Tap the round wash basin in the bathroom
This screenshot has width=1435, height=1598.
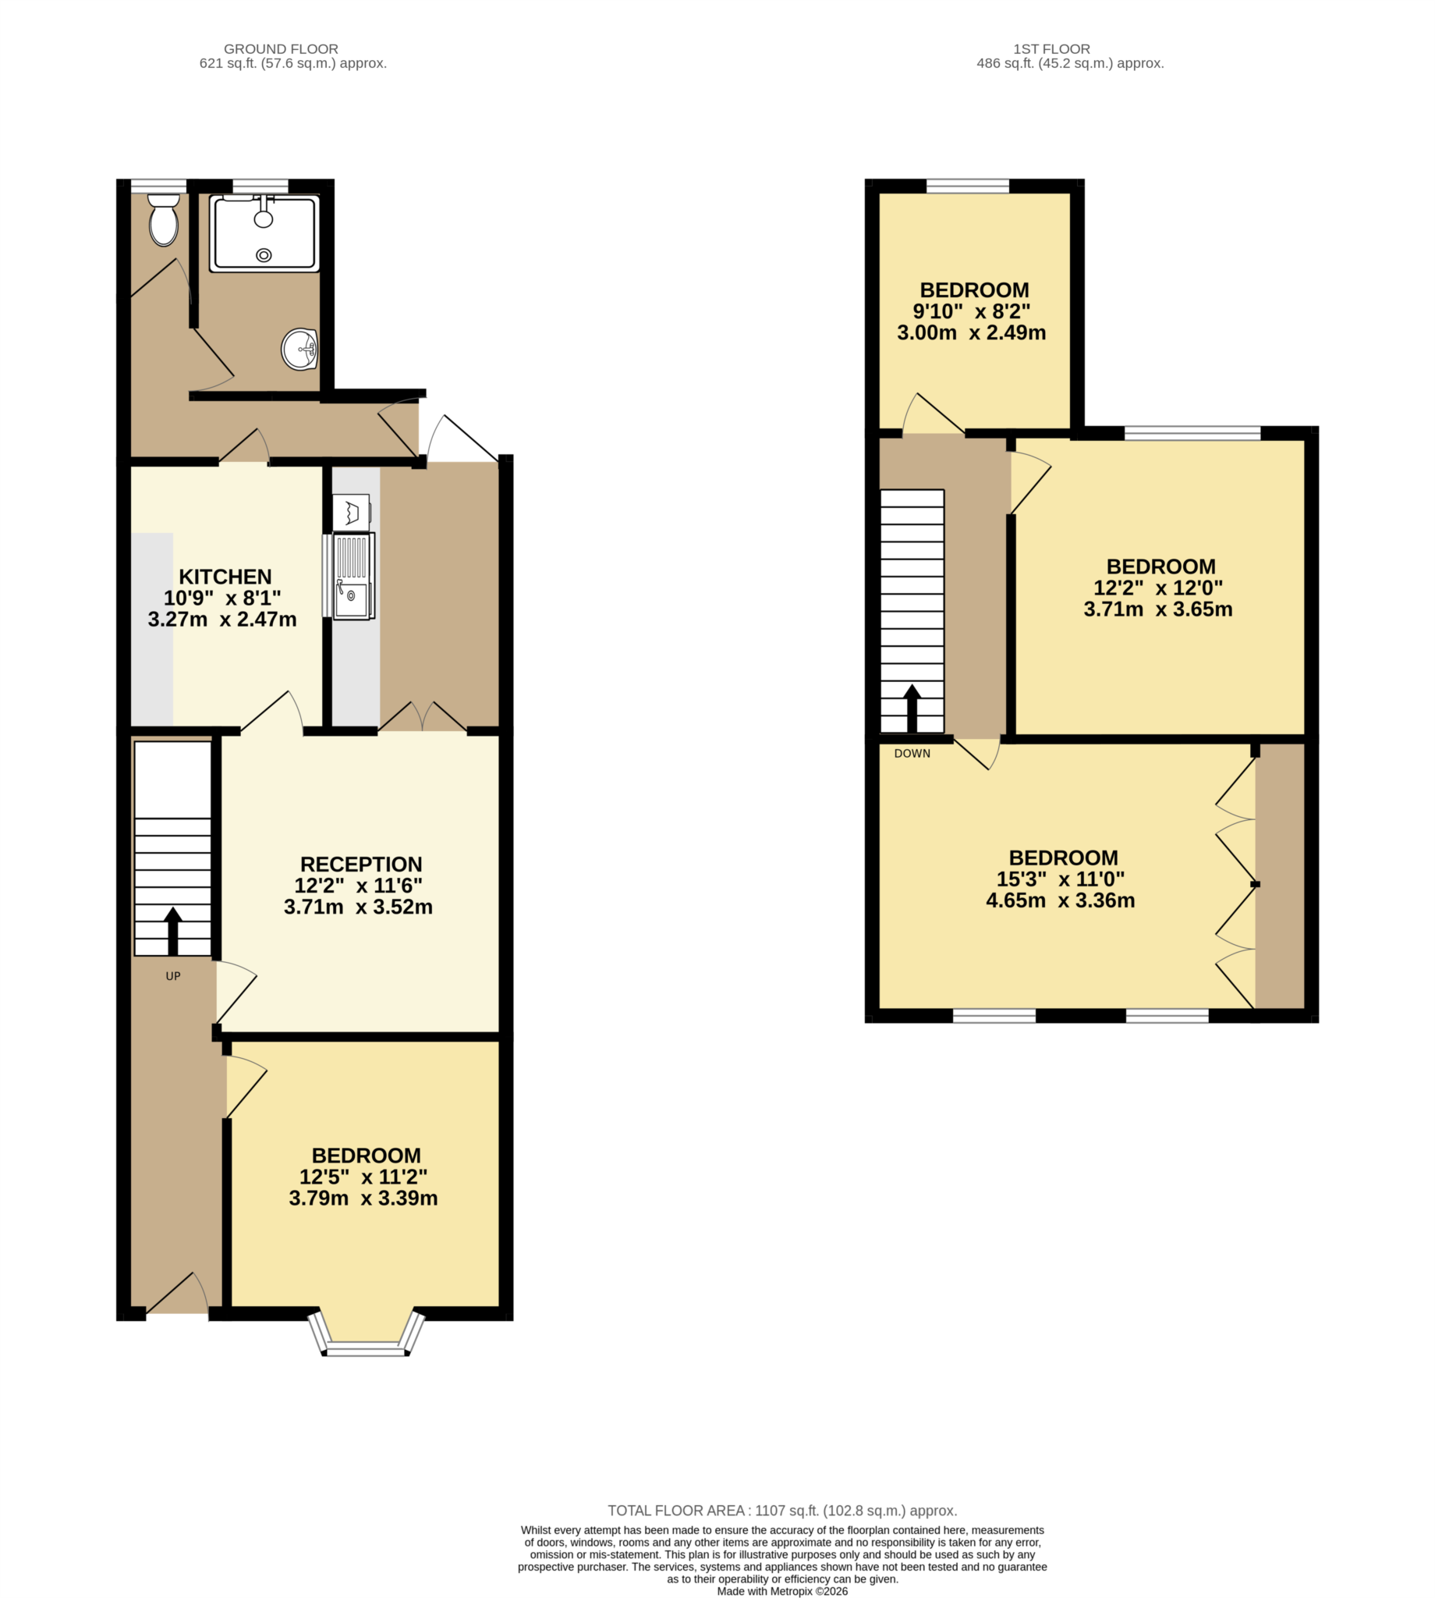pyautogui.click(x=299, y=349)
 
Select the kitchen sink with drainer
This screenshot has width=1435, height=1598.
pyautogui.click(x=353, y=577)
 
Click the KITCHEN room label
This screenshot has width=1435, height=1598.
pyautogui.click(x=225, y=577)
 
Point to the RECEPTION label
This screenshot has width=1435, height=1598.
pyautogui.click(x=361, y=865)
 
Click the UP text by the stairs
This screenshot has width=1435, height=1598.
pyautogui.click(x=172, y=976)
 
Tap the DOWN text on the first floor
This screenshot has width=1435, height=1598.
pyautogui.click(x=912, y=753)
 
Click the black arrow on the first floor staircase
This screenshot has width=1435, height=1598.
pyautogui.click(x=912, y=708)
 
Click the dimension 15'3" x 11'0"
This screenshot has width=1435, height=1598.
pyautogui.click(x=1061, y=879)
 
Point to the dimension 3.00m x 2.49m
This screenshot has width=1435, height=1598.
pyautogui.click(x=972, y=333)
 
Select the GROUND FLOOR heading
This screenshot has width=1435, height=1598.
pyautogui.click(x=281, y=49)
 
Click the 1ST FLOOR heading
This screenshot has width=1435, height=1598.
pyautogui.click(x=1052, y=49)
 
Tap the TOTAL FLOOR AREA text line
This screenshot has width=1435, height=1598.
pyautogui.click(x=782, y=1511)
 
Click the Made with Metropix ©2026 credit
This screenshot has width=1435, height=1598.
pyautogui.click(x=782, y=1591)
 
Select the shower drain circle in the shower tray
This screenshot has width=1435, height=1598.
pyautogui.click(x=264, y=255)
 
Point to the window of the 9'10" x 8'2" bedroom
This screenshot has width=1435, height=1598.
pyautogui.click(x=967, y=186)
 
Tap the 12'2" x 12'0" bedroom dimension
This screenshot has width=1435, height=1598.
pyautogui.click(x=1157, y=588)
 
